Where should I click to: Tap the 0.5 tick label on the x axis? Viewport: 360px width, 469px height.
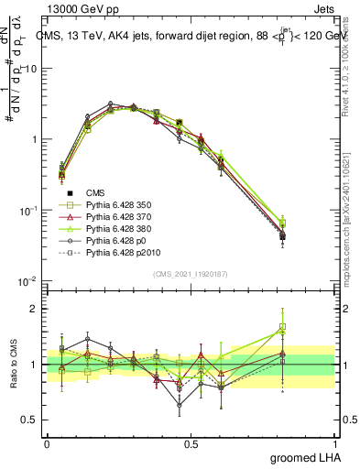pos(191,443)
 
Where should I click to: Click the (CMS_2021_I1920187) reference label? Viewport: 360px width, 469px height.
pos(191,274)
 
